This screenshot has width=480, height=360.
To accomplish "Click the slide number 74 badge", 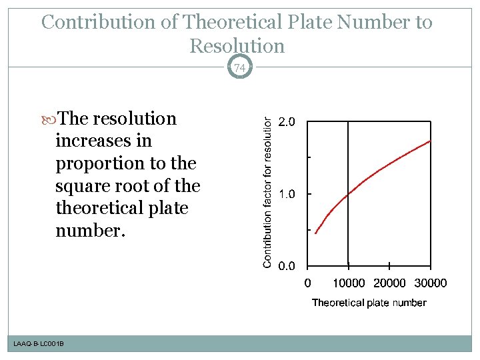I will coord(239,67).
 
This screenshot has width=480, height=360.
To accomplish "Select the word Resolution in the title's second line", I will coord(237,46).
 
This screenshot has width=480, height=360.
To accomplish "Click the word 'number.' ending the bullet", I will coord(89,231).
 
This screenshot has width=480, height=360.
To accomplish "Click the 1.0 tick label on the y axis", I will coord(289,194).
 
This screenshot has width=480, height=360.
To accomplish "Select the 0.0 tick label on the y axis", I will coord(289,266).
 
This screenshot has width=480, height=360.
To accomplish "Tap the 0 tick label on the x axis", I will coord(307,283).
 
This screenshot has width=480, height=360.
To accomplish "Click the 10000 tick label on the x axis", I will coord(348,283).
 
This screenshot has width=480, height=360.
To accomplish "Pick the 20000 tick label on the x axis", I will coord(389,283).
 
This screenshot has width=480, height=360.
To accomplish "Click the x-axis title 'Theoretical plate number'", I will coord(369,303).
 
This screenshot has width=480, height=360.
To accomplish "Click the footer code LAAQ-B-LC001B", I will coord(39,343).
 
